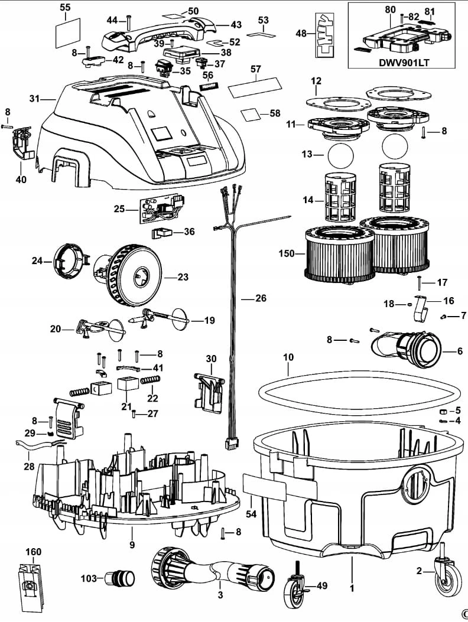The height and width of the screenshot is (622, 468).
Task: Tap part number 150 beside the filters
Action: click(287, 253)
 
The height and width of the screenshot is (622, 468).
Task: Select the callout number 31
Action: click(34, 98)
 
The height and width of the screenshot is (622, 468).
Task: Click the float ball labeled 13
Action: click(340, 155)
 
